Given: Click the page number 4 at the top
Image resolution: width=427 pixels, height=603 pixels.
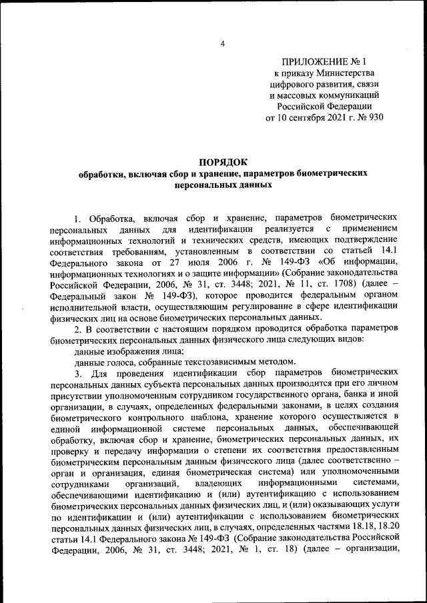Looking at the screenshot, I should click(223, 45).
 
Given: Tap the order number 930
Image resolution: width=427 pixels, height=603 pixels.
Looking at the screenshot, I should click(376, 118).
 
